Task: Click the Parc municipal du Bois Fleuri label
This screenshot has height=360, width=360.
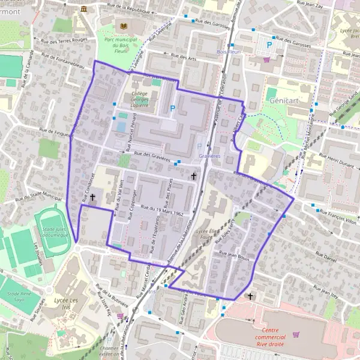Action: [x=121, y=43]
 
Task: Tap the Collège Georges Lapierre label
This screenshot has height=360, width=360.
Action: [x=139, y=98]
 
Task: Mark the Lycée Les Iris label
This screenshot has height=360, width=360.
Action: [x=66, y=299]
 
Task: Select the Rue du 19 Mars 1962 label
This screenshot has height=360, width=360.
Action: [x=161, y=210]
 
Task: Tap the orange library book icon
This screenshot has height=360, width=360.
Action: [x=124, y=26]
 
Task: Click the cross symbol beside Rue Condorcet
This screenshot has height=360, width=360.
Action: [x=92, y=197]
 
